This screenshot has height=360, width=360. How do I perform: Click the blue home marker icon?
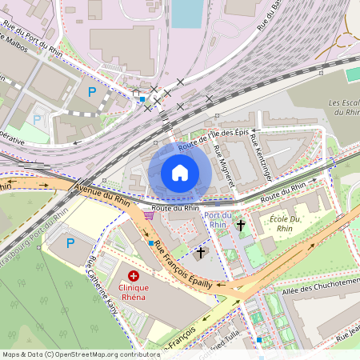180,172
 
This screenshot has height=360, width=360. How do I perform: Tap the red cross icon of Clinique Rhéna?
133,276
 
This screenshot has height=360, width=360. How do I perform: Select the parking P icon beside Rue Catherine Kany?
70,242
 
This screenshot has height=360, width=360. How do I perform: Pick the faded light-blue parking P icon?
37,120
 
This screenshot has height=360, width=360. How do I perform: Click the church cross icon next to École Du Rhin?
241,226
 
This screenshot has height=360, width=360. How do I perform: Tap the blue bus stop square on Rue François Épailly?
150,242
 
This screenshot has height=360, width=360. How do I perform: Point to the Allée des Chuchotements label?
322,281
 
